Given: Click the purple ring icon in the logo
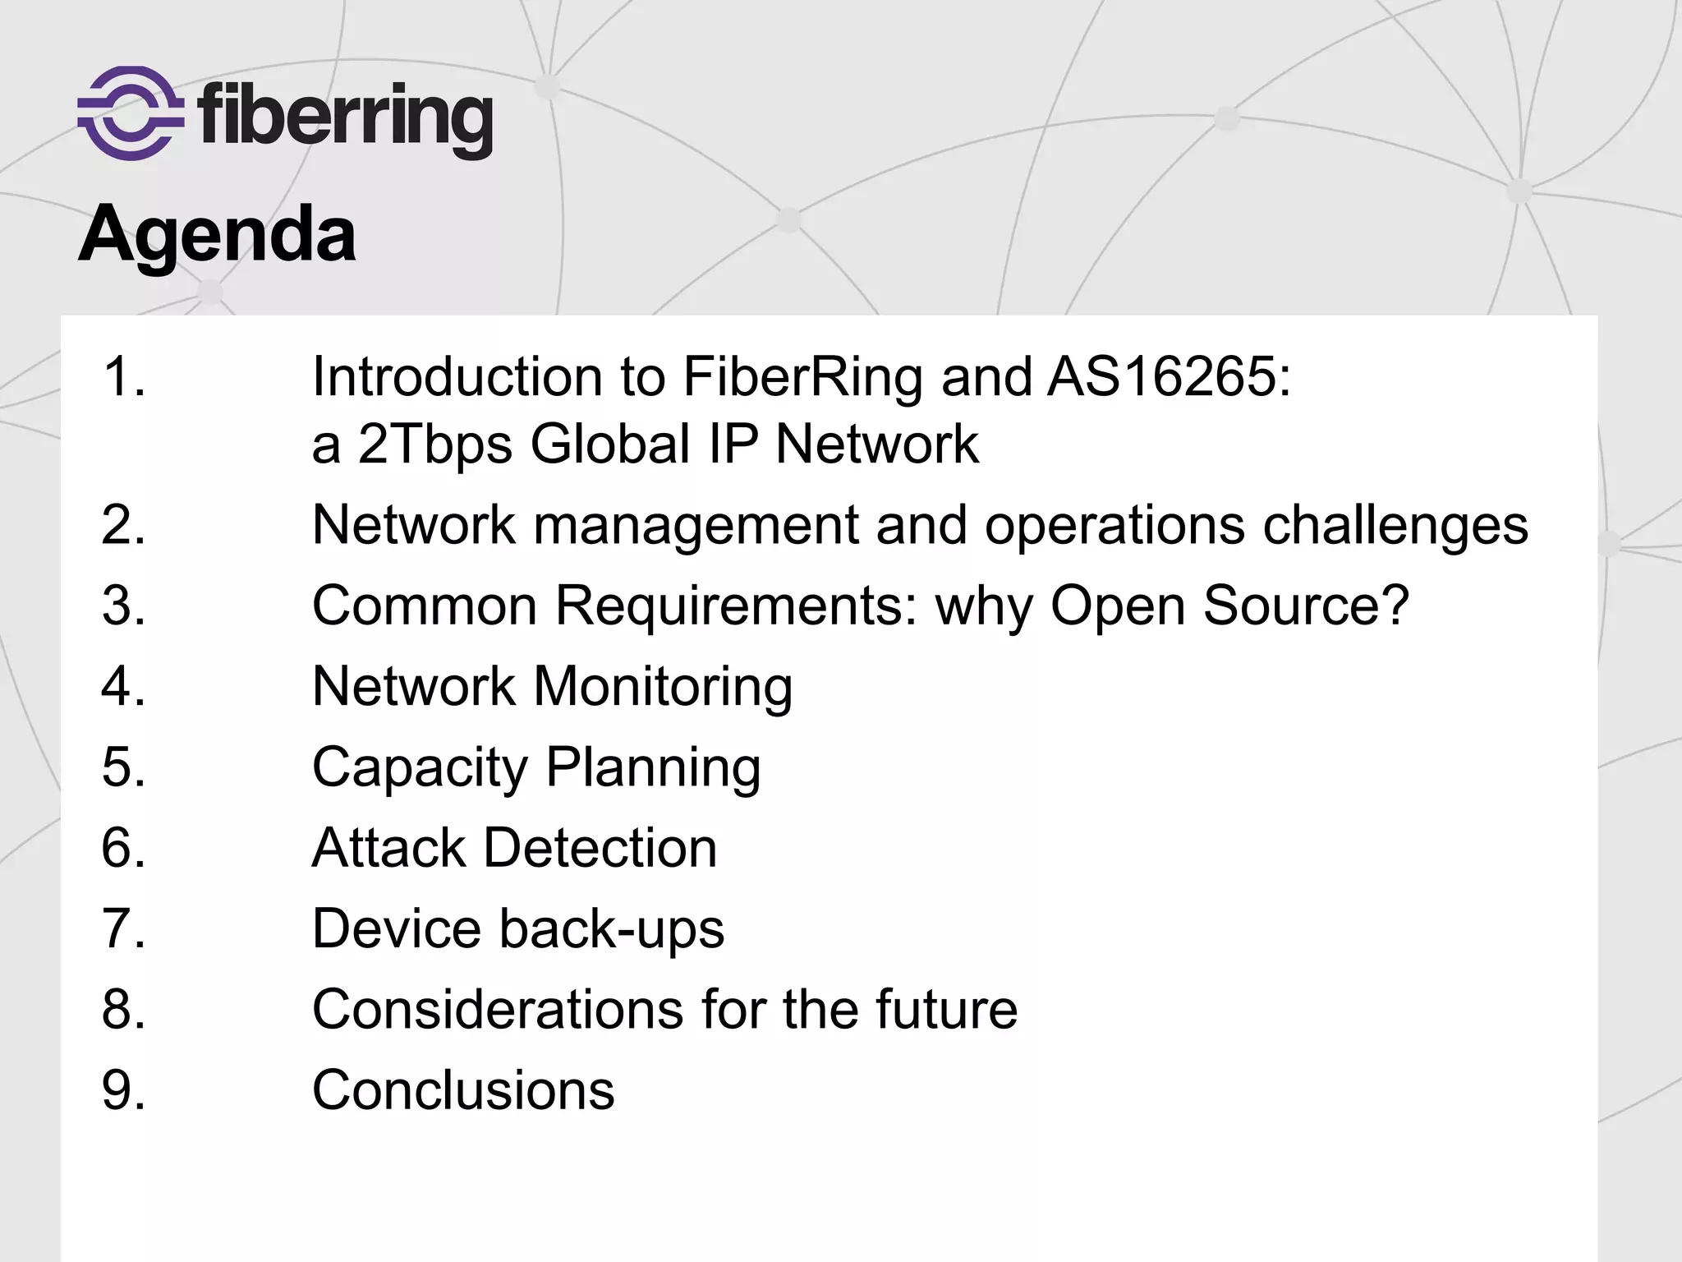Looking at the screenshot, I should (130, 113).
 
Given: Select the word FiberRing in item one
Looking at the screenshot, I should (803, 377).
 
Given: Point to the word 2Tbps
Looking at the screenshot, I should (435, 445).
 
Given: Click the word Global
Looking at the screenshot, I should (611, 444).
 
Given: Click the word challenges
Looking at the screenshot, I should (1395, 526).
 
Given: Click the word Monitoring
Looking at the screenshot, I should (663, 687).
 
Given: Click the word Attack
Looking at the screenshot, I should (389, 848).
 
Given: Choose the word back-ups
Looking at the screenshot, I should (612, 929).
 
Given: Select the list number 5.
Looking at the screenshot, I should (123, 767).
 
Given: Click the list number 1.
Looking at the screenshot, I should (123, 377).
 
